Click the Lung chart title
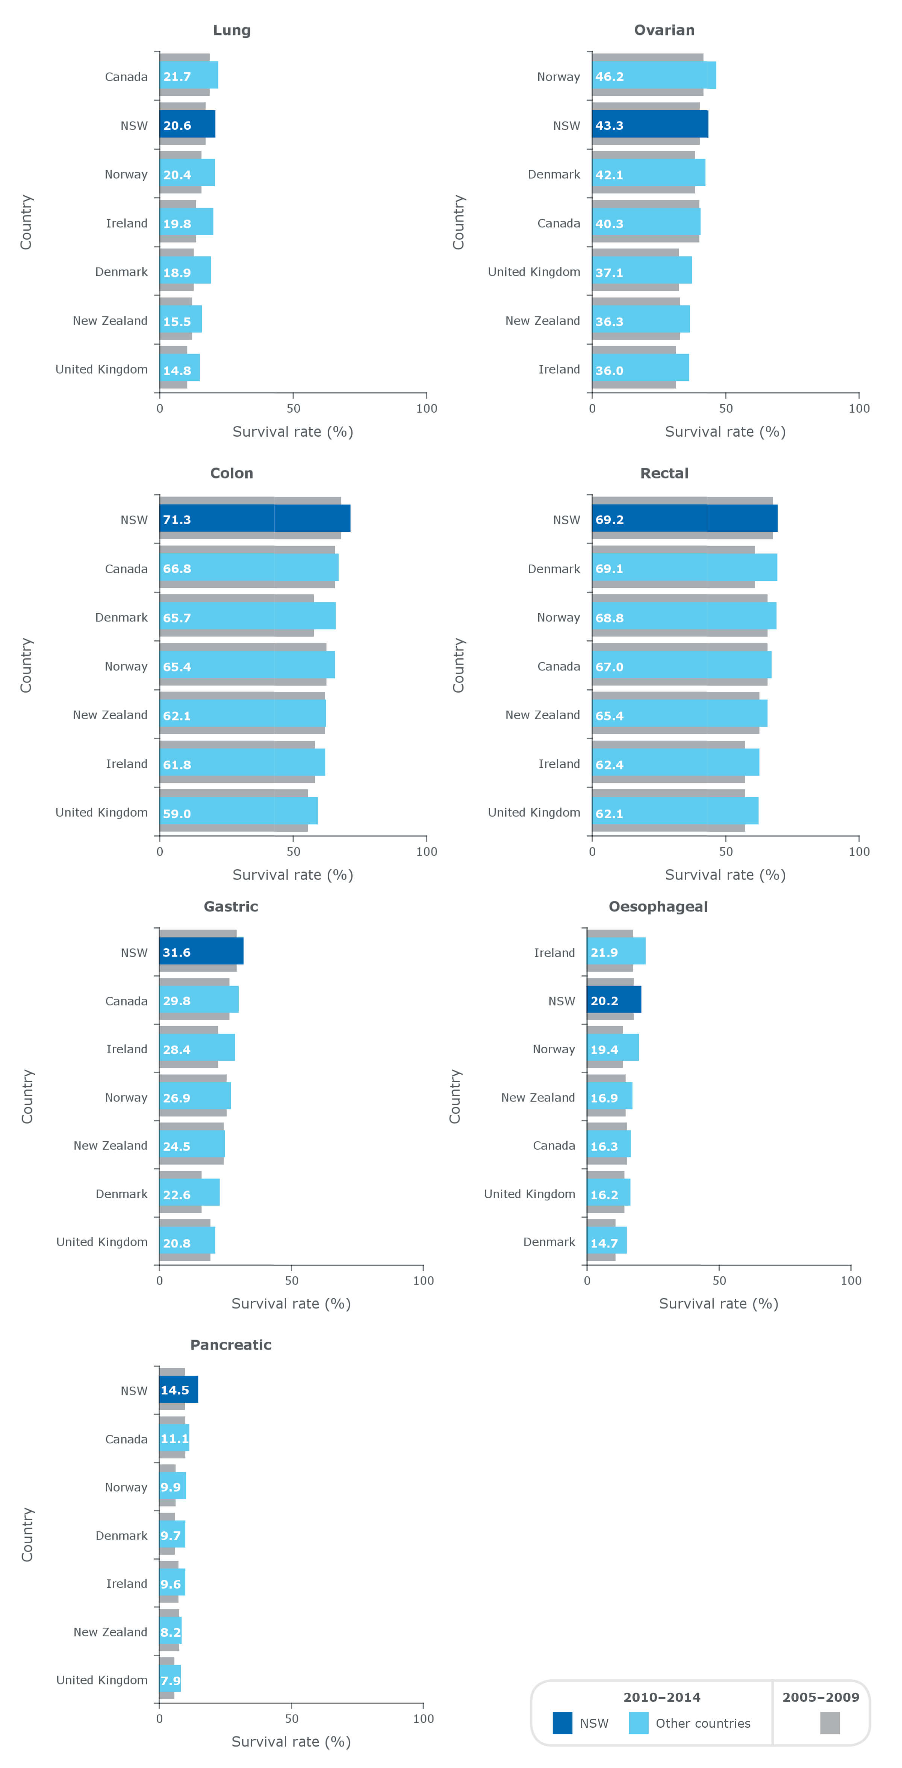tap(232, 30)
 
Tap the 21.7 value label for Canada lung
tap(177, 76)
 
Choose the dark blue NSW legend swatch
tap(562, 1723)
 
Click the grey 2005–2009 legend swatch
tap(829, 1723)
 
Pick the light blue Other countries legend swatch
tap(638, 1723)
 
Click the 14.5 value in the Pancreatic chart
tap(175, 1390)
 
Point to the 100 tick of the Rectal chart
tap(859, 851)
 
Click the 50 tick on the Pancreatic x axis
tap(292, 1719)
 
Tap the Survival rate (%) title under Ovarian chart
tap(725, 432)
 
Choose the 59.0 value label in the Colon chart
tap(177, 813)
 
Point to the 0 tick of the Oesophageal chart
tap(587, 1280)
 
